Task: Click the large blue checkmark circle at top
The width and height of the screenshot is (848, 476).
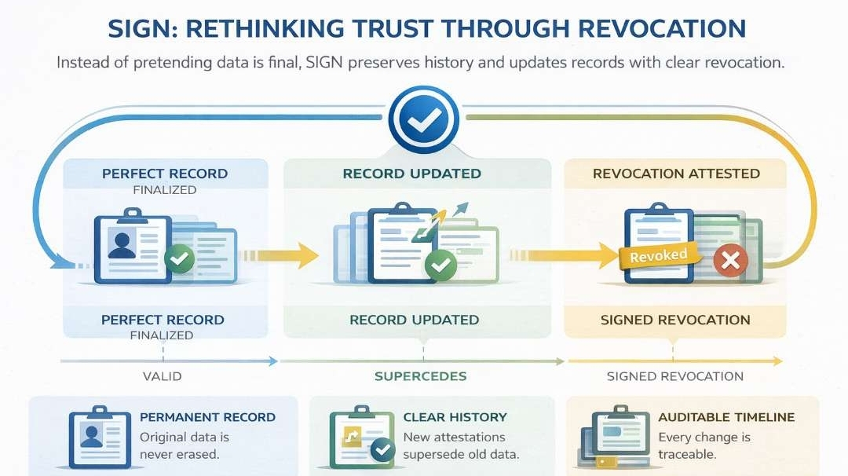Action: click(x=424, y=119)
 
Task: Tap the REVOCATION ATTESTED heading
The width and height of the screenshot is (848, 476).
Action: click(x=676, y=174)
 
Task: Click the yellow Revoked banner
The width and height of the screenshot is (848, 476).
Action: click(x=658, y=255)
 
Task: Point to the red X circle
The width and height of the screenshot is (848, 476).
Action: click(x=730, y=262)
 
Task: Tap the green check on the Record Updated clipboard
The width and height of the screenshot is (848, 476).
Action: click(x=440, y=266)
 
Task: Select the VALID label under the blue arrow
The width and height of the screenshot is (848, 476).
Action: click(x=162, y=376)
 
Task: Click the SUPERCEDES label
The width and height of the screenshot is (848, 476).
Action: click(x=420, y=376)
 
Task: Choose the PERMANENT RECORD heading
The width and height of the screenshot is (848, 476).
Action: click(x=207, y=417)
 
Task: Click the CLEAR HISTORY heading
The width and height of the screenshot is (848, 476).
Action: click(x=455, y=417)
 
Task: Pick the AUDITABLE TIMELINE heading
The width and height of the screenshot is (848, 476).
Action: click(x=726, y=417)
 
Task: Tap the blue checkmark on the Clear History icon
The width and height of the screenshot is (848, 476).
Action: click(x=382, y=449)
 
